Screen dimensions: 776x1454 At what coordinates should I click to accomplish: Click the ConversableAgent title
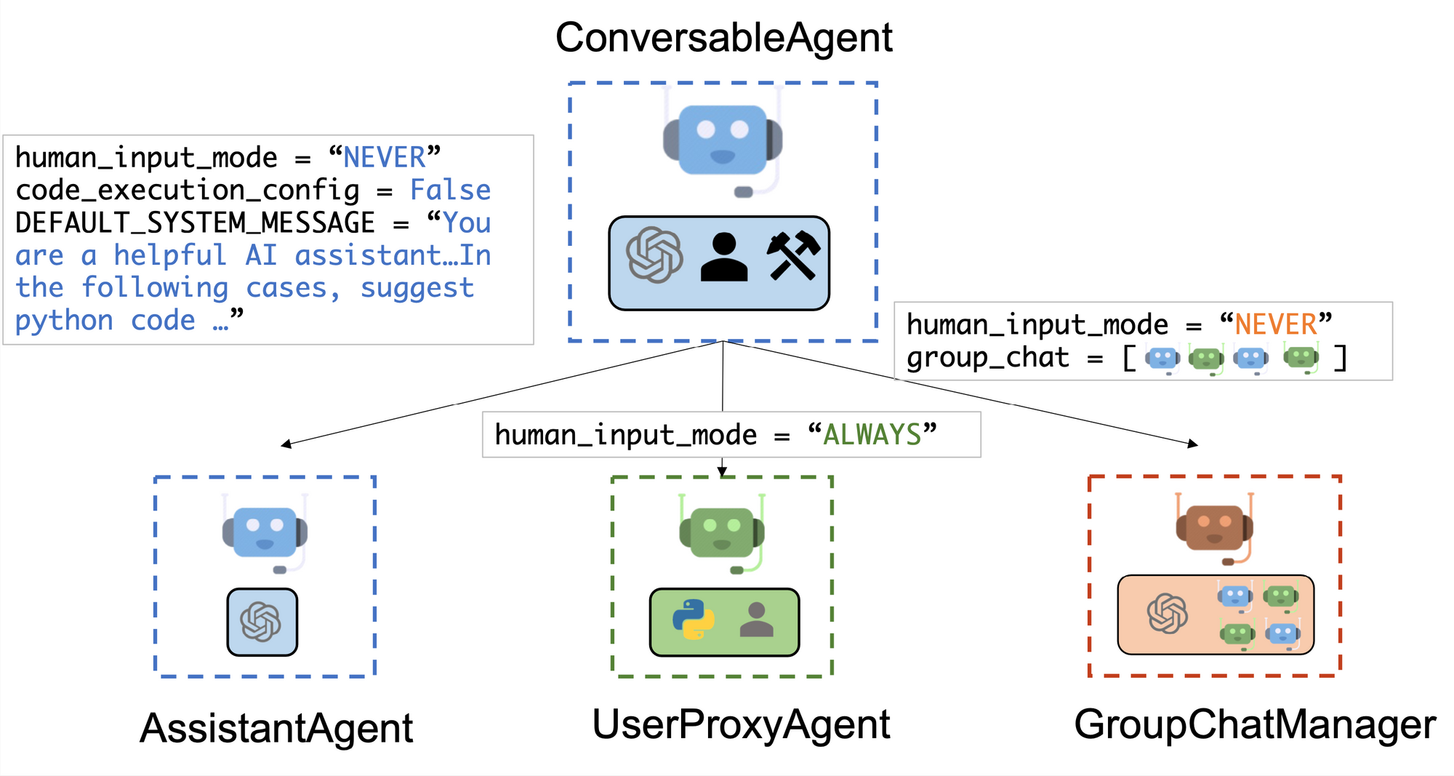tap(723, 38)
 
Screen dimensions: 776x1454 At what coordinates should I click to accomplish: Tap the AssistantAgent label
tap(276, 728)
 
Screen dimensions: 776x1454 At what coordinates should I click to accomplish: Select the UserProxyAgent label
tap(741, 724)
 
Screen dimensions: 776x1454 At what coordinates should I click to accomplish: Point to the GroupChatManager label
tap(1255, 724)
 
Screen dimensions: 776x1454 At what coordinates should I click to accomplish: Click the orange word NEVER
tap(1276, 324)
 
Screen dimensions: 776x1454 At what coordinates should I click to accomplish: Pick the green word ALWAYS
tap(872, 435)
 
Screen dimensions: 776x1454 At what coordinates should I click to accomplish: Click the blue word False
tap(451, 191)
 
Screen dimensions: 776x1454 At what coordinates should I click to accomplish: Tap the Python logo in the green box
tap(693, 620)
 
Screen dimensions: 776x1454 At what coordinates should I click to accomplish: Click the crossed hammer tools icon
tap(793, 256)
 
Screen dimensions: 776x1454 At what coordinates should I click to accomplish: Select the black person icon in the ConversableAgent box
tap(723, 257)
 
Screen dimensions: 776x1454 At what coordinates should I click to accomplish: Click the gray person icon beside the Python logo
tap(756, 620)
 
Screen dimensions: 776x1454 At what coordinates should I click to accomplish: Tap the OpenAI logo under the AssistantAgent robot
tap(261, 622)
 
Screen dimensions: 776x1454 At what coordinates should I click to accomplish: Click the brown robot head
tap(1214, 528)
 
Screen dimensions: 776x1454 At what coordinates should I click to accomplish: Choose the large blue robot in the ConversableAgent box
tap(723, 142)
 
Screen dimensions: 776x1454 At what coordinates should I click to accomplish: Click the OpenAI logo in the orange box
tap(1168, 613)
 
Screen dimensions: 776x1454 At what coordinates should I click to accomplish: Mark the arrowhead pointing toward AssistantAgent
tap(286, 444)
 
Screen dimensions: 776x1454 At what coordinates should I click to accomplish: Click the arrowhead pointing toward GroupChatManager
tap(1192, 444)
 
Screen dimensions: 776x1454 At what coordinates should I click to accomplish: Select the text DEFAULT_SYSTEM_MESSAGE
tap(195, 223)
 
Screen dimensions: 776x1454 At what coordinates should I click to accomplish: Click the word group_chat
tap(987, 358)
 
